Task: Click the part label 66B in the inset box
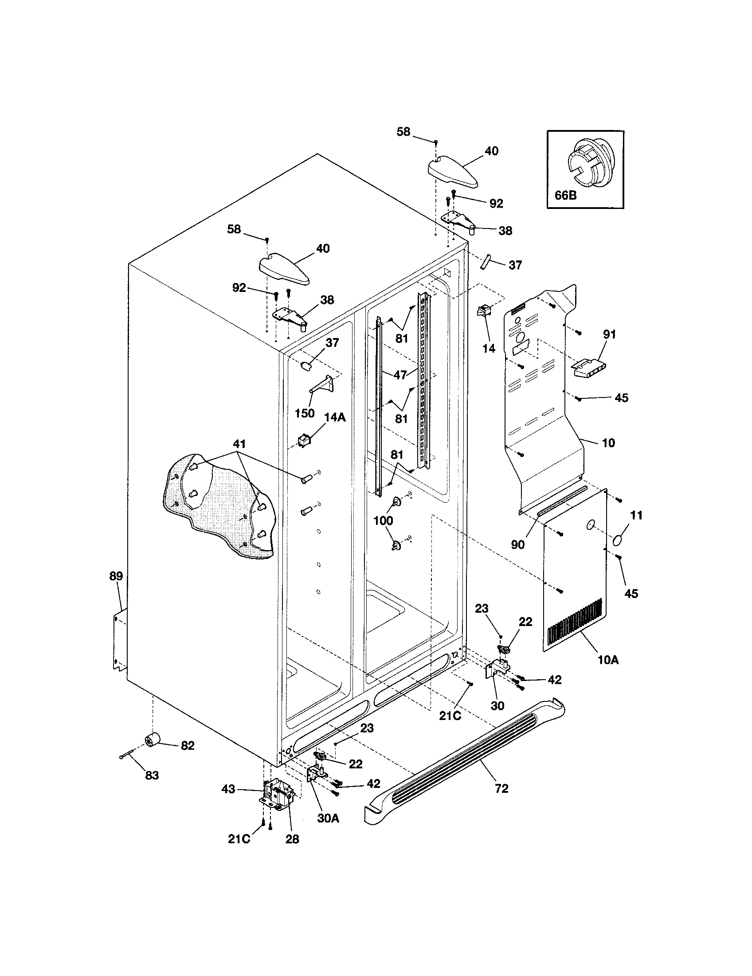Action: point(566,195)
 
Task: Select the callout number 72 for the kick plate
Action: point(501,789)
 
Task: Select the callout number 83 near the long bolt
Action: point(152,775)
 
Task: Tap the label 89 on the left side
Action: point(116,576)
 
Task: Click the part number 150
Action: point(305,413)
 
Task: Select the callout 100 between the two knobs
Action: point(383,520)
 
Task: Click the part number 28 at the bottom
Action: point(292,839)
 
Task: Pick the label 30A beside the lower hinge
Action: point(328,818)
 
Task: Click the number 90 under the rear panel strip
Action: point(518,545)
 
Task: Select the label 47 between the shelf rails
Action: point(400,374)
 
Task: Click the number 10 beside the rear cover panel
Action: point(608,443)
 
